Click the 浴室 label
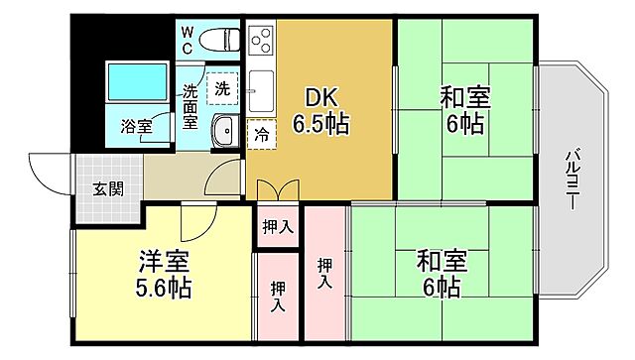pos(136,126)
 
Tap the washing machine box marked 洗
pos(222,88)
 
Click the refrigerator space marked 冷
pos(260,132)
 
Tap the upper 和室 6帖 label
pos(463,112)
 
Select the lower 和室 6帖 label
pos(438,275)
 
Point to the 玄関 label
pos(108,188)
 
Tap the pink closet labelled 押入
pos(325,274)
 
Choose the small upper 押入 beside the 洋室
pos(278,227)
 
